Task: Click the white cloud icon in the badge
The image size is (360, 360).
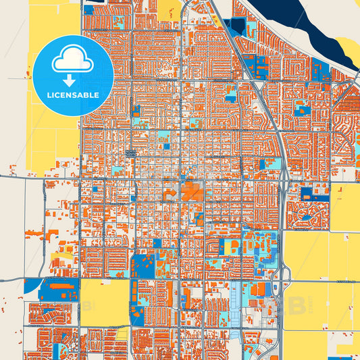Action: (x=72, y=61)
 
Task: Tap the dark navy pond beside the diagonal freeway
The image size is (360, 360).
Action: (x=236, y=28)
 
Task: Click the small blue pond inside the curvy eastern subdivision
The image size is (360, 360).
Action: (x=307, y=194)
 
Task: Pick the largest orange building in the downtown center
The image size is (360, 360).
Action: (x=192, y=191)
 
